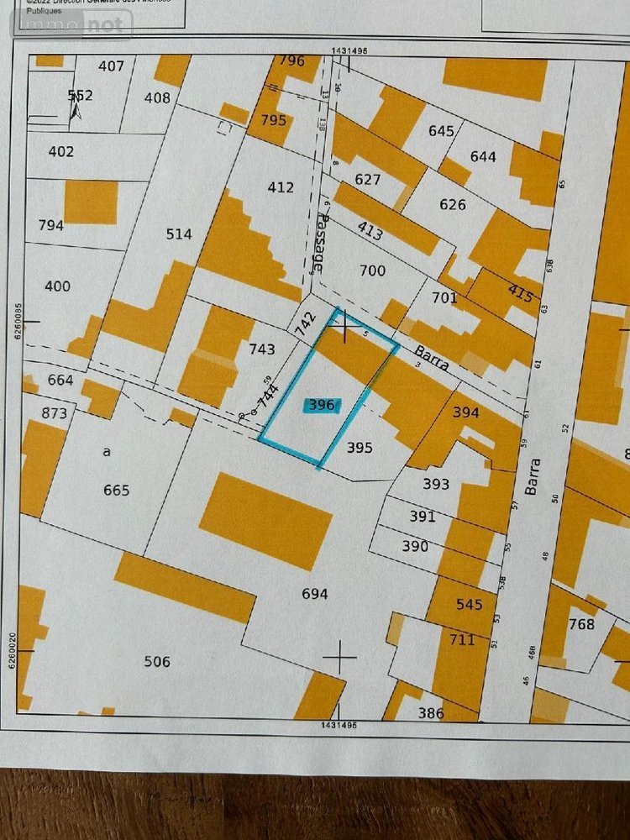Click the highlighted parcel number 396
[x=322, y=405]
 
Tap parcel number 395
[x=360, y=448]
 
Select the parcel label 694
[x=314, y=594]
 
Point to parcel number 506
[x=157, y=662]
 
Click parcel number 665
[x=116, y=490]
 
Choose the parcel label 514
[x=179, y=234]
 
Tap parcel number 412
[x=281, y=186]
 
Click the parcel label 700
[x=372, y=270]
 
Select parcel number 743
[x=262, y=348]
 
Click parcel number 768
[x=581, y=624]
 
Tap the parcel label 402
[x=61, y=152]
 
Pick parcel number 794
[x=51, y=225]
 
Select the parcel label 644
[x=483, y=156]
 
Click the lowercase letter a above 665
[x=107, y=451]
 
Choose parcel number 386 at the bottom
[x=431, y=714]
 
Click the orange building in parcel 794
[x=91, y=202]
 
